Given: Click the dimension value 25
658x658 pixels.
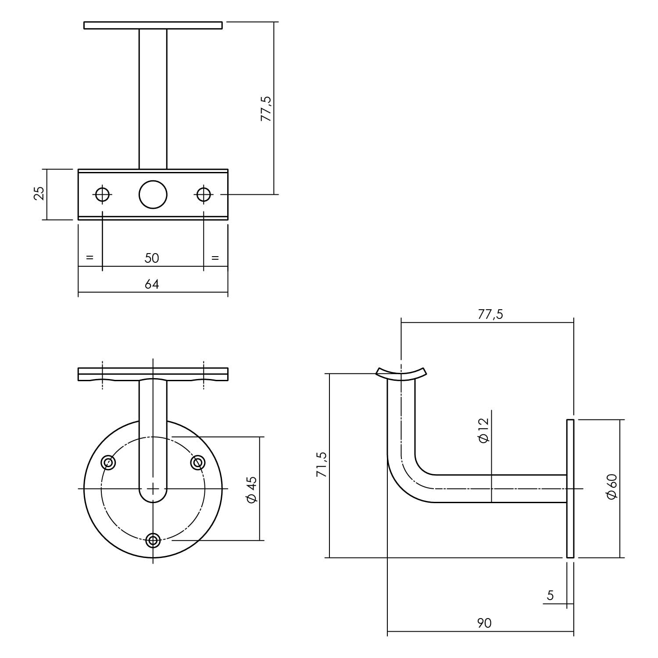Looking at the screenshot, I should click(39, 193).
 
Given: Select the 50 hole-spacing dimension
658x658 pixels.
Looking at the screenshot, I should click(151, 258).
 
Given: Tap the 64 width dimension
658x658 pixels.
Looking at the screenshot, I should click(151, 284).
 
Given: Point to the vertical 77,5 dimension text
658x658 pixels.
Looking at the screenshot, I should click(266, 108).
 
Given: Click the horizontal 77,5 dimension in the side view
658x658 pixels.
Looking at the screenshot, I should click(490, 314).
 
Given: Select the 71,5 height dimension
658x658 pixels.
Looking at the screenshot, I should click(322, 465).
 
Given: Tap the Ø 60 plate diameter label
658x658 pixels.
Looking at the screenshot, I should click(612, 486).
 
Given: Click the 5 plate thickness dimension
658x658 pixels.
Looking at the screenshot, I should click(550, 595).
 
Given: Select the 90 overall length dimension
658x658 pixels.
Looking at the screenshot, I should click(484, 623).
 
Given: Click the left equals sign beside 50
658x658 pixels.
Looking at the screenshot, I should click(89, 257).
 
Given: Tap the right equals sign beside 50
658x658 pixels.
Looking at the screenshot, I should click(215, 257).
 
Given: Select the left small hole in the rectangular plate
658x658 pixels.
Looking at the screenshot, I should click(102, 194).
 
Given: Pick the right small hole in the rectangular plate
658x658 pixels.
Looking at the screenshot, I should click(204, 194).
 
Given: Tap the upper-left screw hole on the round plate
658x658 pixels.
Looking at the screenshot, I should click(108, 462).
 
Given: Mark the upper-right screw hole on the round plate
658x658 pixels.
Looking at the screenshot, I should click(198, 462).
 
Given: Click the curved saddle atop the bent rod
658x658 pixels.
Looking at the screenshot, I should click(401, 373).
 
